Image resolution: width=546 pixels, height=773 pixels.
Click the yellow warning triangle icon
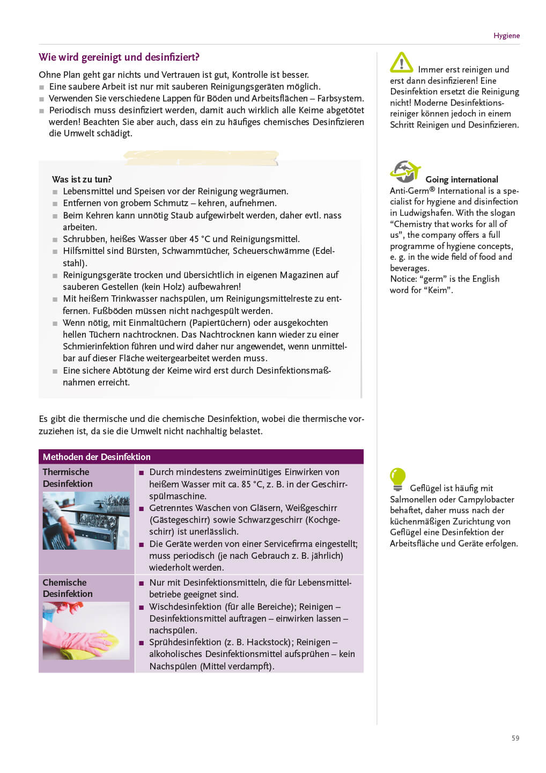click(x=401, y=63)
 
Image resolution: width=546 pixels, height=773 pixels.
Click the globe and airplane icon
click(x=405, y=171)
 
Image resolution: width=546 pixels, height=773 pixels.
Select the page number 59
click(x=515, y=738)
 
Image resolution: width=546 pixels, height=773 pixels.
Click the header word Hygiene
click(x=506, y=35)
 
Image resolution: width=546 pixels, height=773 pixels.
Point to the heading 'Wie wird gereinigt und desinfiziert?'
click(x=119, y=57)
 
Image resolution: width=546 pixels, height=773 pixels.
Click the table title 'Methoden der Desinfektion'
click(x=97, y=457)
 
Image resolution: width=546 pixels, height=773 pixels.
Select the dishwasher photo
click(x=86, y=520)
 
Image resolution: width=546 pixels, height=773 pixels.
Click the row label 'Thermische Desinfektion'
click(x=68, y=478)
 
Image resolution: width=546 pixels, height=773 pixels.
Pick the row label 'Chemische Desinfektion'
click(x=68, y=588)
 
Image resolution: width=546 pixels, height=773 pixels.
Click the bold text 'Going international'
click(x=461, y=179)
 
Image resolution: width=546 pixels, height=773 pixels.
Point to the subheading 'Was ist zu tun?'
click(x=82, y=179)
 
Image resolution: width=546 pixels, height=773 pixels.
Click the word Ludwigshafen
click(x=425, y=213)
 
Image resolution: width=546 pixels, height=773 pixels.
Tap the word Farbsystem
click(x=340, y=98)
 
